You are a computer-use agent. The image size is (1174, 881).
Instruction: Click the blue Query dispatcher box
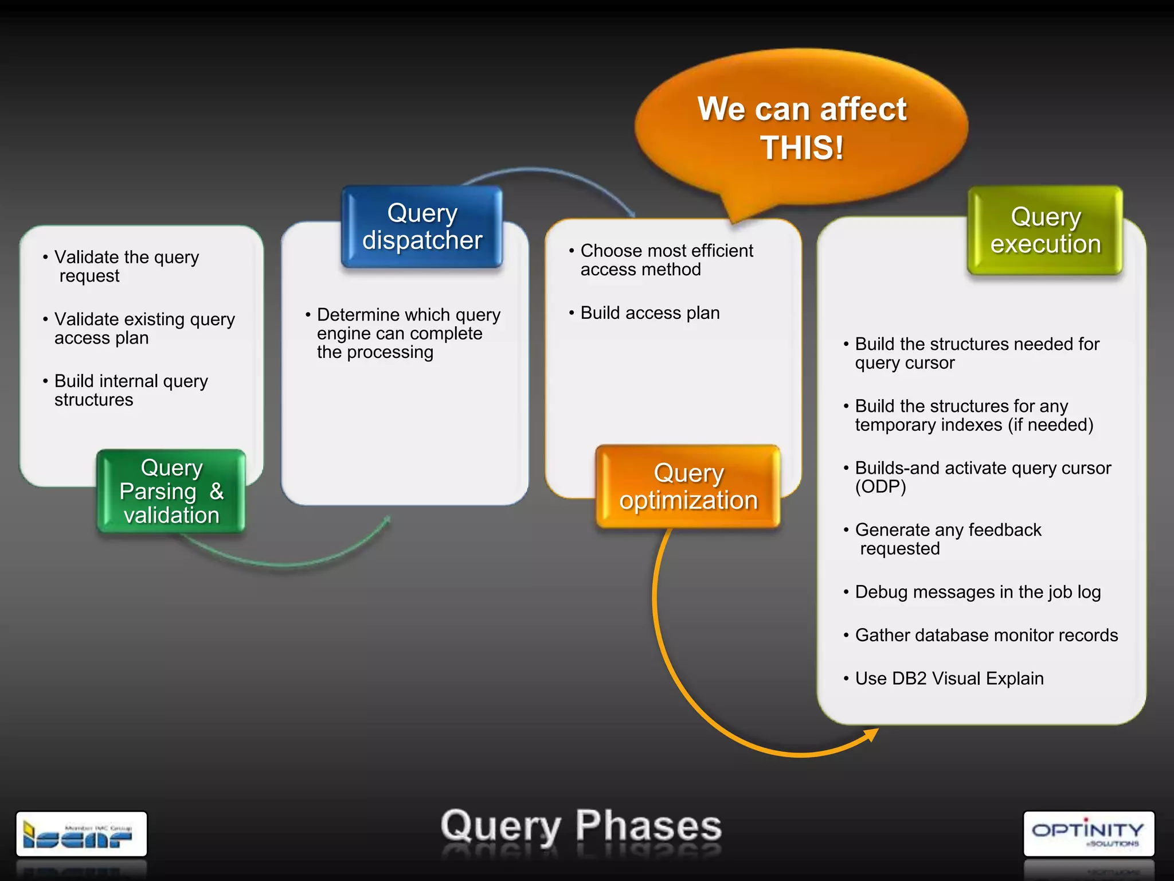[422, 227]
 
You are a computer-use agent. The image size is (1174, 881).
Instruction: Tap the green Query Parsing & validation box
[171, 492]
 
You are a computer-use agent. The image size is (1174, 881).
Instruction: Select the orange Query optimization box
[688, 486]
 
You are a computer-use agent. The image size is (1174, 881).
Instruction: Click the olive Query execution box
[1045, 230]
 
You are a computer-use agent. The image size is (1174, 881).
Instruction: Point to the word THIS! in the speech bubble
[801, 148]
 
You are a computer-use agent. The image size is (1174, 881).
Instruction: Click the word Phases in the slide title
[648, 826]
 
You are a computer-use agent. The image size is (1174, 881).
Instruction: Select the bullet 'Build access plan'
[649, 313]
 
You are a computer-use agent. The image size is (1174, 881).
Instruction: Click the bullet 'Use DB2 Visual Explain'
[949, 679]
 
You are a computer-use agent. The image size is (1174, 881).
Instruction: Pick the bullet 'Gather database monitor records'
[986, 636]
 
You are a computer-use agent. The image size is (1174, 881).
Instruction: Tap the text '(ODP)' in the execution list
[880, 487]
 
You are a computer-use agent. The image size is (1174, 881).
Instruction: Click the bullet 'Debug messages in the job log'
[977, 592]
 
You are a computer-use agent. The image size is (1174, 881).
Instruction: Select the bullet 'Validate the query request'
[126, 266]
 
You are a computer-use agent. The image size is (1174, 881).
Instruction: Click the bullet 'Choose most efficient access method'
[666, 260]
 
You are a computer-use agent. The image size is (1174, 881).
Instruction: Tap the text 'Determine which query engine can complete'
[408, 324]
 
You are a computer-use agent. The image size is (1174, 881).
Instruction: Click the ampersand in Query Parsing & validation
[216, 492]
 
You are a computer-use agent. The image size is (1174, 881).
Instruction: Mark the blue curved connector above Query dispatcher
[550, 172]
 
